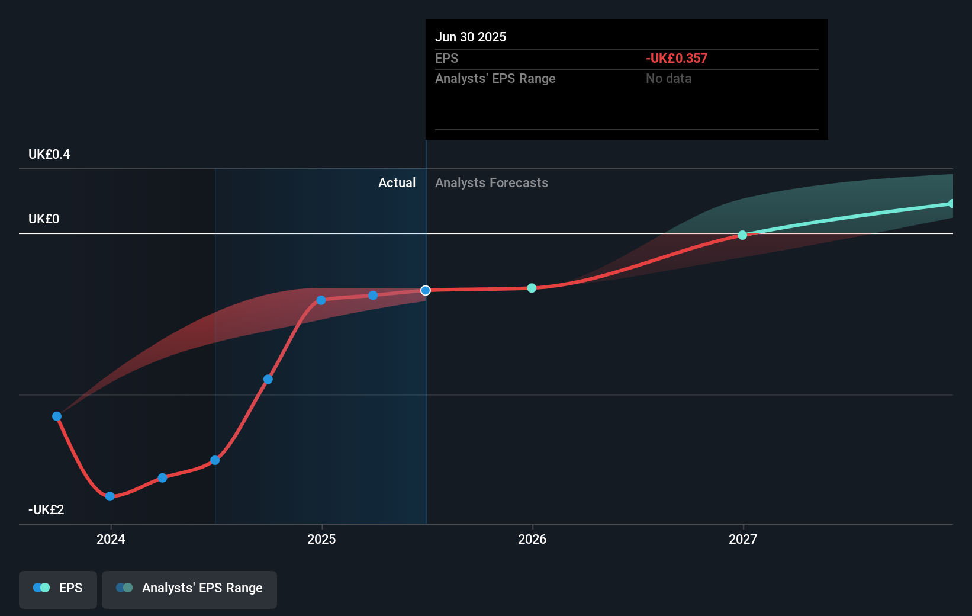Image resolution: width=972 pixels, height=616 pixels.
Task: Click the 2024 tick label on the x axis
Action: point(111,539)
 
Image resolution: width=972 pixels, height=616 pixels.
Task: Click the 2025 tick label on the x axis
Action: point(321,539)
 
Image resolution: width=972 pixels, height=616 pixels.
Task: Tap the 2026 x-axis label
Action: point(532,539)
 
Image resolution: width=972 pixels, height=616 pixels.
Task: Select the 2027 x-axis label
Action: point(743,539)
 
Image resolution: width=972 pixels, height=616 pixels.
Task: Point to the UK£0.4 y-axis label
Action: point(49,155)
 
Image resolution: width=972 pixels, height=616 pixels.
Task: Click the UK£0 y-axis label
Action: point(44,219)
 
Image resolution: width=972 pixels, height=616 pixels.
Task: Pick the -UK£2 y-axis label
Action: point(46,510)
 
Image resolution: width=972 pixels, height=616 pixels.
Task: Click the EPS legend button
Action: point(58,589)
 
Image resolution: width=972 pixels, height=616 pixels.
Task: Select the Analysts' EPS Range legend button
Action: point(189,589)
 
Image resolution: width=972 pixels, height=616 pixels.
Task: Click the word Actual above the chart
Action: point(397,183)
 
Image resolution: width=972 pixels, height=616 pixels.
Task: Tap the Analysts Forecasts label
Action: point(491,183)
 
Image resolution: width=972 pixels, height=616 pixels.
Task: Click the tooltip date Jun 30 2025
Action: point(471,37)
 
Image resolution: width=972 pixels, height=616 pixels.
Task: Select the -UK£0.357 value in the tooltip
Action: point(677,59)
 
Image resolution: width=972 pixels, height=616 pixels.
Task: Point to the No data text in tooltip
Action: point(668,79)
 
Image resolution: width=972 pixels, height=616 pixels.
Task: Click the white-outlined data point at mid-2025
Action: point(426,290)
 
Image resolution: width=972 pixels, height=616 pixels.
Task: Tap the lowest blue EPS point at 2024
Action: point(110,496)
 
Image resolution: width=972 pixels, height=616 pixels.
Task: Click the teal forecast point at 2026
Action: point(532,288)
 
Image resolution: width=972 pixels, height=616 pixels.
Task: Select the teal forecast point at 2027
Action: point(742,235)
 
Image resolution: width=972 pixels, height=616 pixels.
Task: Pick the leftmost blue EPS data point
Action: point(57,416)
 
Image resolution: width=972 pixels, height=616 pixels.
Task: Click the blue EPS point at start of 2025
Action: point(321,300)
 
